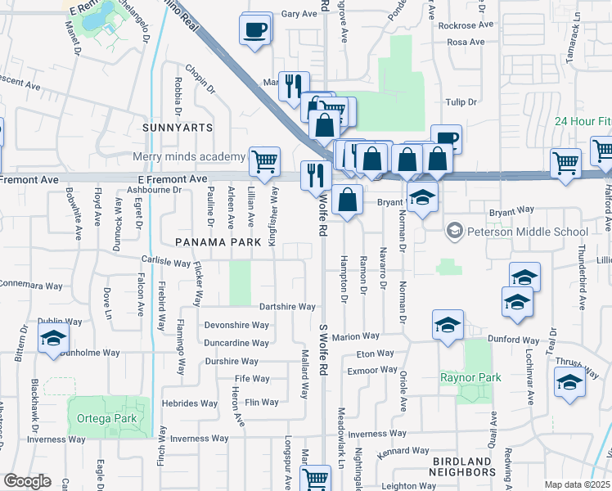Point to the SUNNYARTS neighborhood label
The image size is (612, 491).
click(177, 128)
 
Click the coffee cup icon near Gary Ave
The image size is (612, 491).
click(254, 30)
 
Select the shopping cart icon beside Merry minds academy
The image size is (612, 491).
click(263, 161)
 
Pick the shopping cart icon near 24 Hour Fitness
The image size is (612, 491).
click(565, 163)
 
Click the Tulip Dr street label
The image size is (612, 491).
click(461, 102)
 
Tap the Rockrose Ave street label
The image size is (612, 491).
click(466, 25)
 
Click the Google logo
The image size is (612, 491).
click(27, 481)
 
